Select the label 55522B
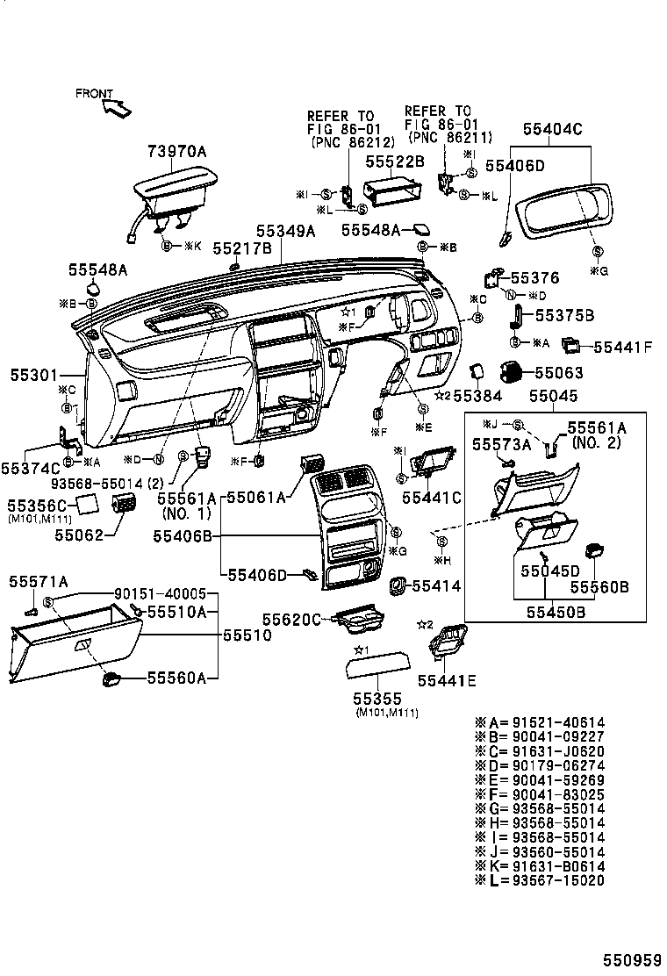pos(395,161)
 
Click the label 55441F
pos(623,347)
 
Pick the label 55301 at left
pos(32,374)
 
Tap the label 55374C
pos(31,469)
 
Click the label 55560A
pos(176,678)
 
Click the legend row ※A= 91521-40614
pos(540,722)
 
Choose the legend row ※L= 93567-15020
pos(540,880)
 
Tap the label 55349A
pos(285,232)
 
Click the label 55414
pos(435,585)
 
